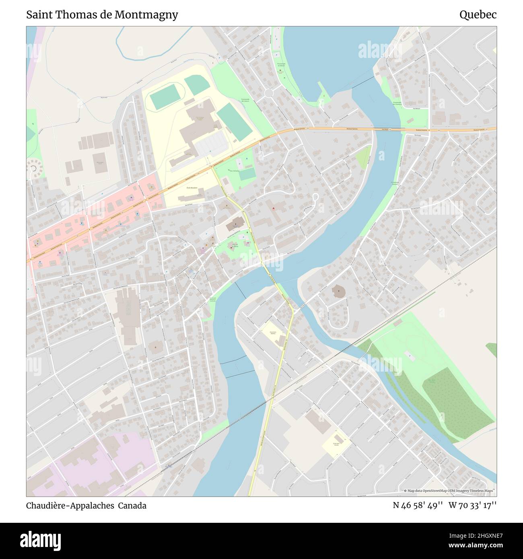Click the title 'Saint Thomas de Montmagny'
coord(102,15)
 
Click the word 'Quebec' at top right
coord(478,15)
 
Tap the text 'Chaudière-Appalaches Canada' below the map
coord(86,506)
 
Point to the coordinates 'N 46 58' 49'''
coord(418,506)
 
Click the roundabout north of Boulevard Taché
coord(269,93)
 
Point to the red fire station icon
coord(274,208)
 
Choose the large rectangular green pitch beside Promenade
coord(235,121)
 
